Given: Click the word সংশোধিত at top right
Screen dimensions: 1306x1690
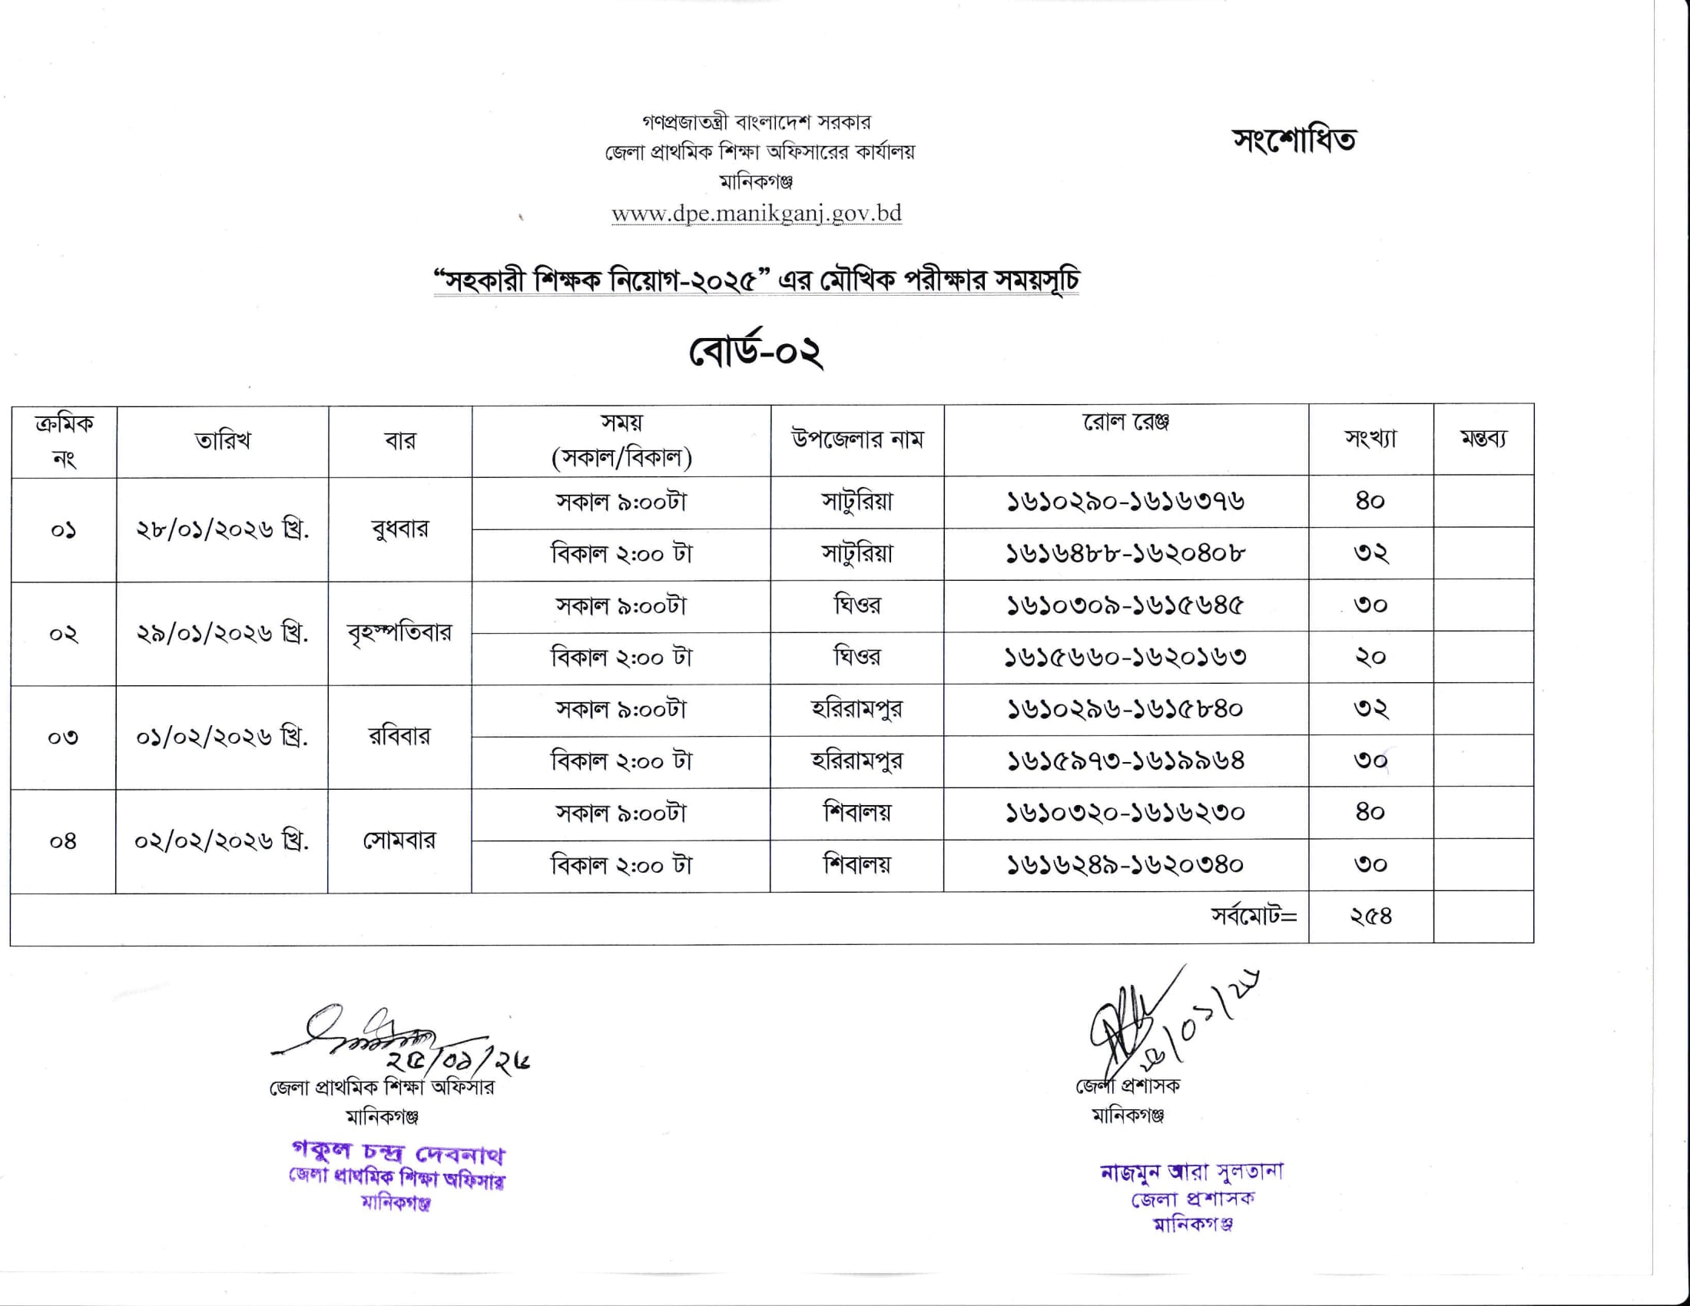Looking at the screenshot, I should pos(1294,141).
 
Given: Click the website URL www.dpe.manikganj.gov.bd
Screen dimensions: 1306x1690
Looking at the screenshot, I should pos(756,213).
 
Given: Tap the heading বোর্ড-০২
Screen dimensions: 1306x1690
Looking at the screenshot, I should pos(755,353).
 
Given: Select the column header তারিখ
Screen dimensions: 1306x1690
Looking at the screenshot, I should pos(223,441).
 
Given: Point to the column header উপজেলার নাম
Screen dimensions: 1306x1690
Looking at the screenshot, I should pos(857,439).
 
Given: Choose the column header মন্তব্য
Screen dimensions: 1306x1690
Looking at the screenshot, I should pos(1483,439).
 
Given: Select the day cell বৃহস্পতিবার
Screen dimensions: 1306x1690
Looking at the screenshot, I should pos(399,633).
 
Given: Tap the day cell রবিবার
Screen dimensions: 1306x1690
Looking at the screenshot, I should pos(399,736).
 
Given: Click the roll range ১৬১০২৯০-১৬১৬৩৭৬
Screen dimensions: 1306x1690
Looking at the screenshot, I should pos(1125,502).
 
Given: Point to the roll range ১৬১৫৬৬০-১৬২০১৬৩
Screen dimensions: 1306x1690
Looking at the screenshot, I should pos(1125,658).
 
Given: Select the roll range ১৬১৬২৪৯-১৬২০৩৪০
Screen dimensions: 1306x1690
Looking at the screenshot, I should pos(1125,864).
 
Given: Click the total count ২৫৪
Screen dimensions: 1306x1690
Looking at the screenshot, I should pos(1370,916).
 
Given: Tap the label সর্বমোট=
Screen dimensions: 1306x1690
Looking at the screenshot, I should pos(1254,916).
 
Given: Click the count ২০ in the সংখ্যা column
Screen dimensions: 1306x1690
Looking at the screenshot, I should pos(1370,658).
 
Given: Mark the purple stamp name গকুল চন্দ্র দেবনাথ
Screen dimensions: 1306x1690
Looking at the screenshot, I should pos(398,1154).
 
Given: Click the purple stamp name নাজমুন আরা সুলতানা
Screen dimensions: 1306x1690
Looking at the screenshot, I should pos(1191,1172).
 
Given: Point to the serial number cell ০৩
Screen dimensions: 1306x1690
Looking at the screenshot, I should pos(64,738).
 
